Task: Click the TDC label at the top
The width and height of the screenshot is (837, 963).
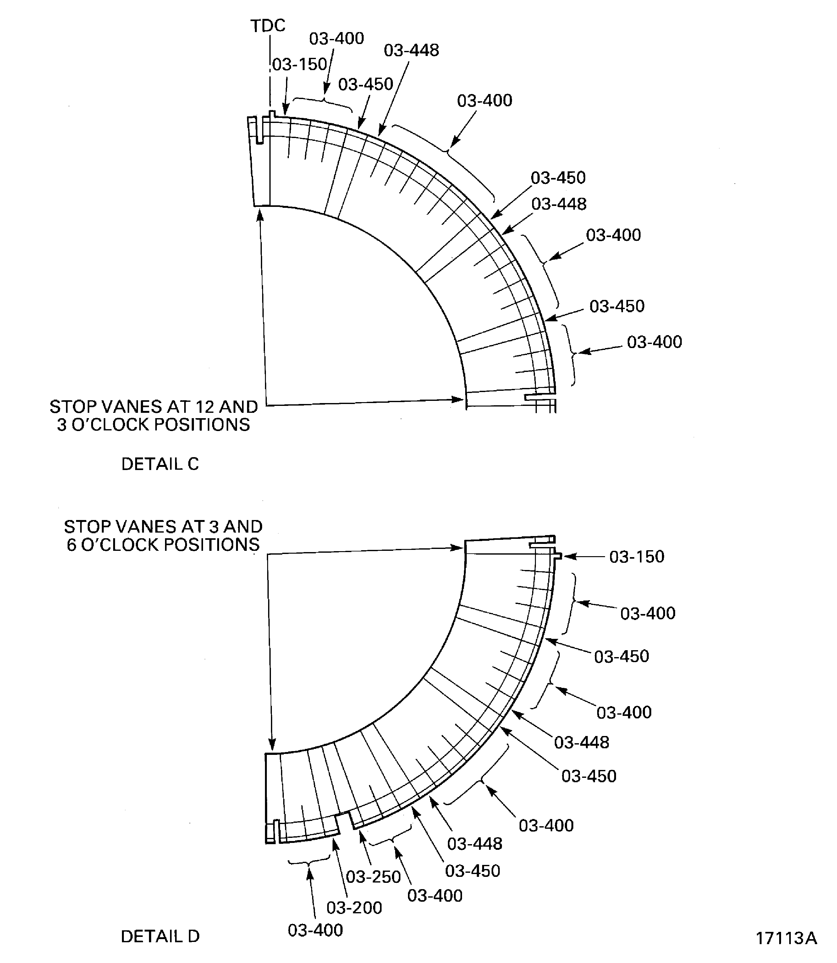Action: pos(268,26)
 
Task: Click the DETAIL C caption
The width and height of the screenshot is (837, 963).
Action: pos(160,464)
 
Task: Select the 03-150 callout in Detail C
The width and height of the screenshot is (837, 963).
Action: pos(300,64)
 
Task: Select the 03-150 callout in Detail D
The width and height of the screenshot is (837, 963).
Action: pos(636,556)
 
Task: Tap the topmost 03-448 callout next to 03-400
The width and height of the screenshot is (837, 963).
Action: pos(411,51)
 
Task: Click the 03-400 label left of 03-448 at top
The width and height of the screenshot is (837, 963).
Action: pos(336,39)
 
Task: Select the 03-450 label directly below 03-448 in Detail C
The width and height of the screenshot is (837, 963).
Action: pos(617,306)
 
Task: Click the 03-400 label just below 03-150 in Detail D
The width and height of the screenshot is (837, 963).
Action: pos(647,613)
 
